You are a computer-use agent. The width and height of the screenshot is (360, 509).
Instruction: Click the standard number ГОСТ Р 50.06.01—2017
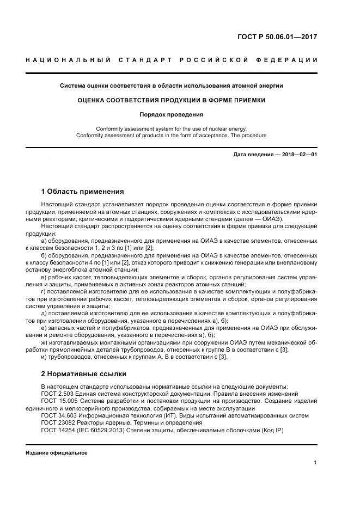pyautogui.click(x=277, y=38)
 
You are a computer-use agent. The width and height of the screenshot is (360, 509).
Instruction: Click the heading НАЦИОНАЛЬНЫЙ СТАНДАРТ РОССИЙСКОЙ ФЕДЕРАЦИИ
pyautogui.click(x=172, y=59)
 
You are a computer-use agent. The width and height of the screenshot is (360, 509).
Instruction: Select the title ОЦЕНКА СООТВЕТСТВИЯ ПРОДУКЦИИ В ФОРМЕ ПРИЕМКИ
pyautogui.click(x=172, y=100)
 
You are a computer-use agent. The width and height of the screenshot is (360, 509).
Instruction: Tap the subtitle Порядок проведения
pyautogui.click(x=172, y=115)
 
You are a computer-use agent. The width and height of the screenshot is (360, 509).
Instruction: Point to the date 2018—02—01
pyautogui.click(x=298, y=155)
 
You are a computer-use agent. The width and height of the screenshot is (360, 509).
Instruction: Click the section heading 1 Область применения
pyautogui.click(x=83, y=192)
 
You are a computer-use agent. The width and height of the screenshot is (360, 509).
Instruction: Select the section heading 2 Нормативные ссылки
pyautogui.click(x=84, y=374)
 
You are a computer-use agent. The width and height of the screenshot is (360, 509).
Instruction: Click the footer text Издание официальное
pyautogui.click(x=57, y=453)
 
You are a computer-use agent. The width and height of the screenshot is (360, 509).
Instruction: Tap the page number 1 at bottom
pyautogui.click(x=315, y=463)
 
